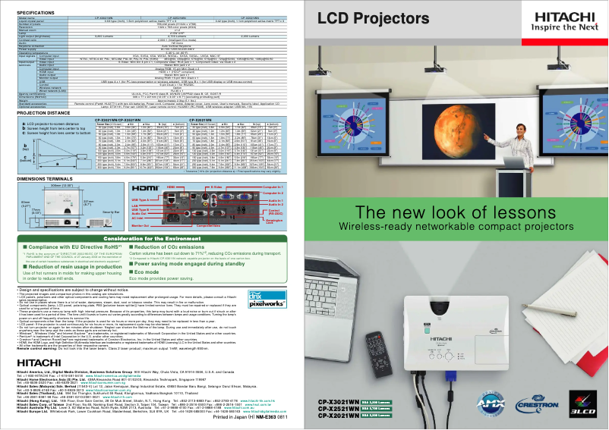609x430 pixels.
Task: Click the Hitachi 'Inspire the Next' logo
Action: (x=563, y=20)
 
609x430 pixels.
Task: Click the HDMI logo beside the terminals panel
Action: (x=145, y=187)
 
